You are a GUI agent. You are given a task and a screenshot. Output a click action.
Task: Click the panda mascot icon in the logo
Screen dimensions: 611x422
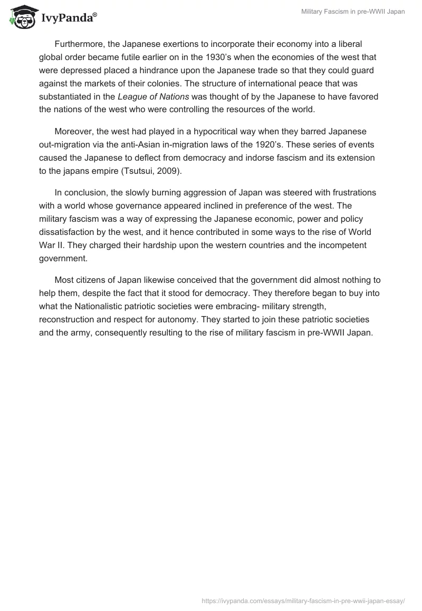(x=22, y=17)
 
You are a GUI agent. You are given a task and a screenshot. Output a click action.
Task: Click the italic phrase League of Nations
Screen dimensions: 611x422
(x=154, y=96)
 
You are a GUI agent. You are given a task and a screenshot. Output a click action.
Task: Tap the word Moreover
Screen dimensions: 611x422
(x=74, y=131)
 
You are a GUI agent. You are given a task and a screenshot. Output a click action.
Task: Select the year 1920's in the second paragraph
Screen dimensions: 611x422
(x=247, y=144)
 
